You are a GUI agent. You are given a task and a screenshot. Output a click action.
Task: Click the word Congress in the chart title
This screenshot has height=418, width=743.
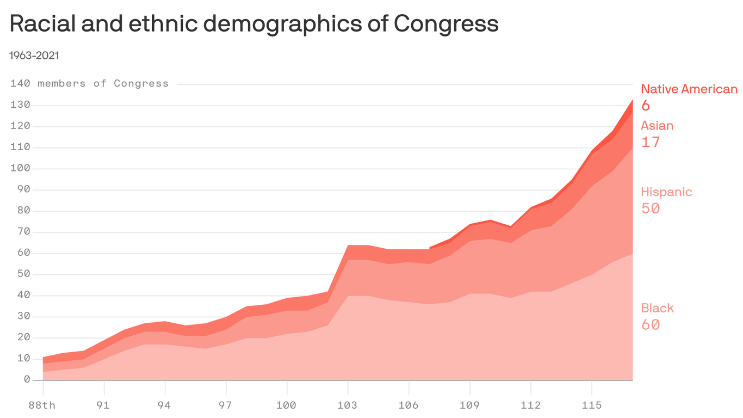(x=445, y=24)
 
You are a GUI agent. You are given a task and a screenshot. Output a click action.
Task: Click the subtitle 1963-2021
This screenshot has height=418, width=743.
(x=34, y=56)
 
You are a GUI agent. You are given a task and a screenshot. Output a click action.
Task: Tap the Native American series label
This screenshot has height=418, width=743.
(x=689, y=89)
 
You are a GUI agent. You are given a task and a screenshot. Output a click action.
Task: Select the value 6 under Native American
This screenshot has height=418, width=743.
(x=646, y=106)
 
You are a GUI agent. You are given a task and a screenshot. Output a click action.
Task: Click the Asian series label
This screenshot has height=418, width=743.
(x=657, y=126)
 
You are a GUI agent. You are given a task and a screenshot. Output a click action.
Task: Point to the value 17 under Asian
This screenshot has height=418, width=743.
(x=650, y=143)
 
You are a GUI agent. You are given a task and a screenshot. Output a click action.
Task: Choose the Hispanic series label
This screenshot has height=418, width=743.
(x=666, y=192)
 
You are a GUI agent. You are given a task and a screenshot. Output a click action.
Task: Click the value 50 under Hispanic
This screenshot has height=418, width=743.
(x=651, y=208)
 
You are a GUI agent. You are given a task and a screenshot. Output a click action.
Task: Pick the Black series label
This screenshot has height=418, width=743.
(x=657, y=308)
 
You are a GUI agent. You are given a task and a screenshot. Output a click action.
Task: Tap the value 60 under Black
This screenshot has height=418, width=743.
(x=651, y=325)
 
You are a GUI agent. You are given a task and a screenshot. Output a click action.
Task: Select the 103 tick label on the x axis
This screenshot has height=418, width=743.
(x=348, y=405)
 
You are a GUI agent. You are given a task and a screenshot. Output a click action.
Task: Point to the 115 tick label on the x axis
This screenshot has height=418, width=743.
(x=591, y=405)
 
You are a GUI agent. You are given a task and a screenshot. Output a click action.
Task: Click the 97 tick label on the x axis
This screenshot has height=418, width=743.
(x=226, y=405)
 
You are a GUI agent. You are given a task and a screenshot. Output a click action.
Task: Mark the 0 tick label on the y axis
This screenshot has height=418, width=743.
(x=27, y=380)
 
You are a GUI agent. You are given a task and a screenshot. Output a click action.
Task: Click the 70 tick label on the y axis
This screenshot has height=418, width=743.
(x=23, y=232)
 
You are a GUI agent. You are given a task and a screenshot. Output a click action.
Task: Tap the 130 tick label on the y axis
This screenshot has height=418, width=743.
(x=20, y=105)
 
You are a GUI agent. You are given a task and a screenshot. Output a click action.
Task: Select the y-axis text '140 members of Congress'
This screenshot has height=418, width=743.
(x=89, y=84)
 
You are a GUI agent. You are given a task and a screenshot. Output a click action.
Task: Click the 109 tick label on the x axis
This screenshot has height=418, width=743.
(x=469, y=405)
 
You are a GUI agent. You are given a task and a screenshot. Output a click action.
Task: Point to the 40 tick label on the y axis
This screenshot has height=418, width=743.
(x=23, y=296)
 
